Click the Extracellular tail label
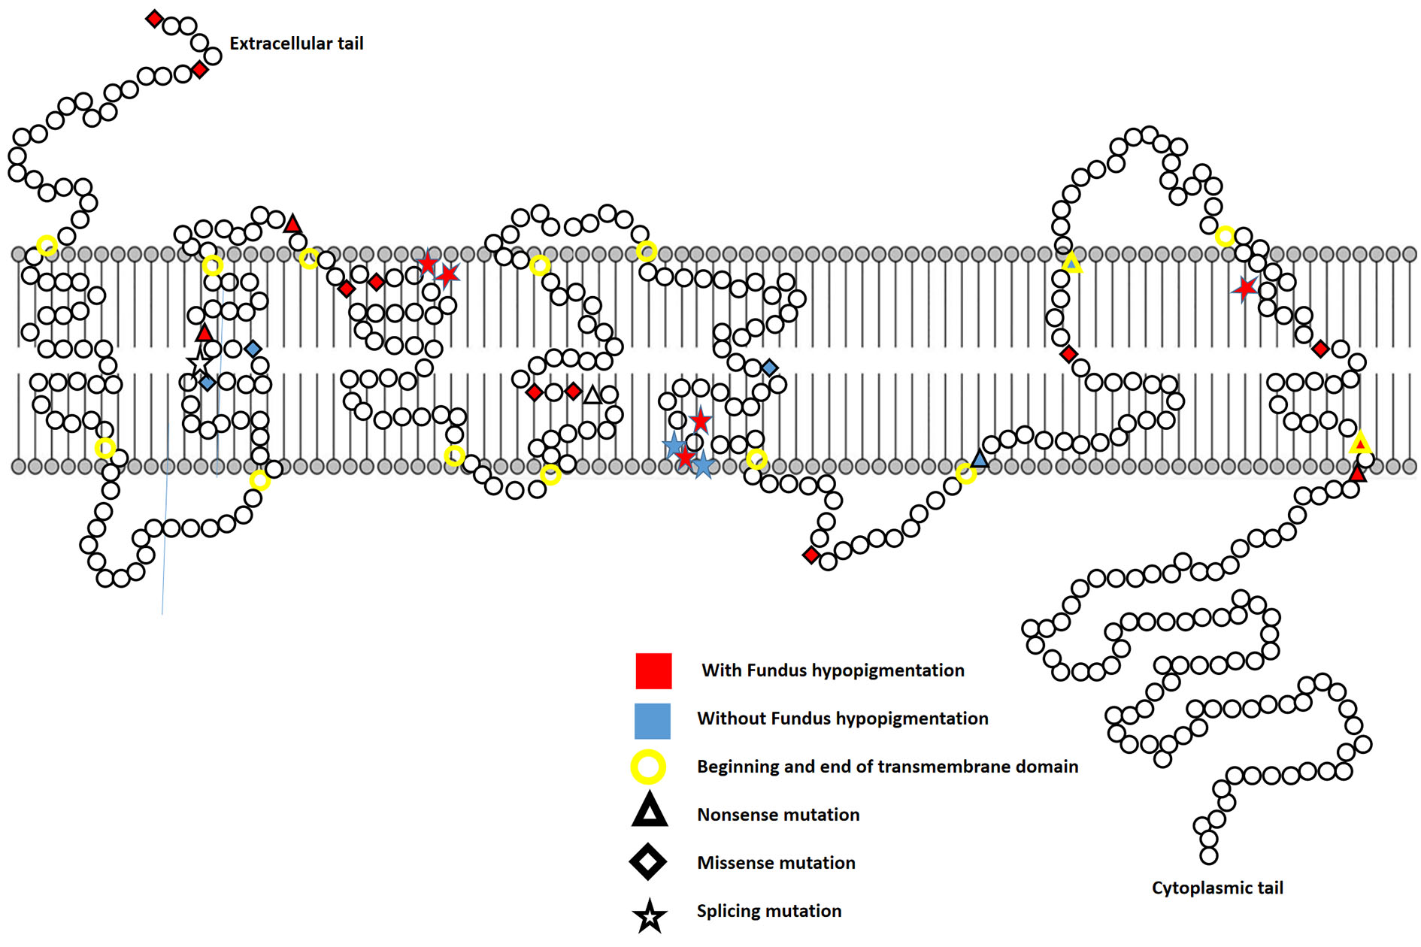(296, 44)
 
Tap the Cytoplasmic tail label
(1216, 888)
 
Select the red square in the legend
(653, 671)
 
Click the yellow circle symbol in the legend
(647, 767)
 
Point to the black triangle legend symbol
(650, 812)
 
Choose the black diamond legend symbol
(648, 862)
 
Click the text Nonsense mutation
(777, 815)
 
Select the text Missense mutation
(776, 863)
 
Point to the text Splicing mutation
(768, 911)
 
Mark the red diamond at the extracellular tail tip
(154, 19)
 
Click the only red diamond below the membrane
(810, 555)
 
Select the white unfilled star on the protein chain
(199, 364)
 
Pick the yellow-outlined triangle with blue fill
(1071, 263)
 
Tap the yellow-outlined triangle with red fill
(1359, 443)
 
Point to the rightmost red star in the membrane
(1245, 287)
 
